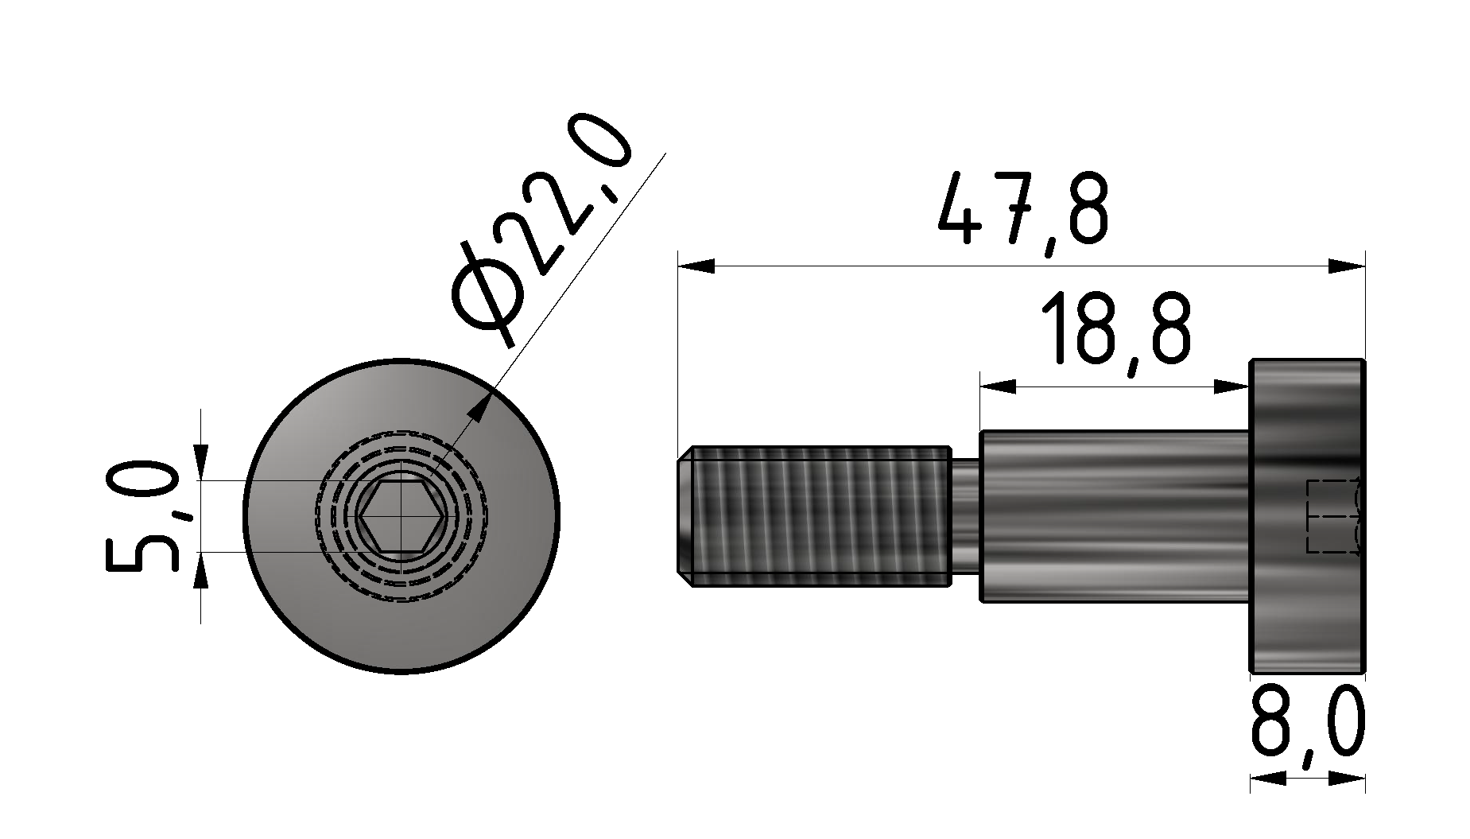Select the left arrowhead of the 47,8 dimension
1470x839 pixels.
click(x=695, y=266)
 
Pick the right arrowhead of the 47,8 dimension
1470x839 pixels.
click(x=1348, y=266)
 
